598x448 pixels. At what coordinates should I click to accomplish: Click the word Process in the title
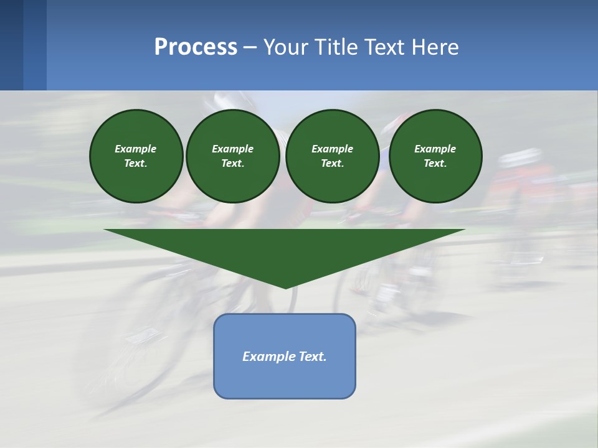[196, 47]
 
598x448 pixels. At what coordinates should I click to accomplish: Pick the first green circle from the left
[136, 156]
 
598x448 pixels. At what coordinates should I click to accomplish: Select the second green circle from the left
[232, 156]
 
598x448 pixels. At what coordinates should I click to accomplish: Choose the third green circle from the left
[332, 156]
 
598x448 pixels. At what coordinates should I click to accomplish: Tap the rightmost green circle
[435, 156]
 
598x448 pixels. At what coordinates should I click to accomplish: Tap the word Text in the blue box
[311, 357]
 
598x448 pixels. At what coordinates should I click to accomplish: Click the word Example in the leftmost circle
[136, 149]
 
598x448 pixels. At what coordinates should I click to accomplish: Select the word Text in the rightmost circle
[435, 164]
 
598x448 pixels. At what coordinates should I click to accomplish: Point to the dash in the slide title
[250, 47]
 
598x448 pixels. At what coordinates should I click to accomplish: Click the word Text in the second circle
[232, 164]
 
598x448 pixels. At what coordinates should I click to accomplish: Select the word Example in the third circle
[332, 149]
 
